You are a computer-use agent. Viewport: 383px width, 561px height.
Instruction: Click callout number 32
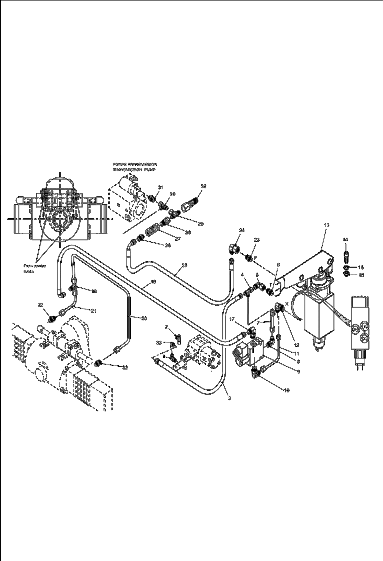click(203, 186)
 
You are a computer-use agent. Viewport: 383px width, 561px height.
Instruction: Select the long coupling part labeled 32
click(189, 204)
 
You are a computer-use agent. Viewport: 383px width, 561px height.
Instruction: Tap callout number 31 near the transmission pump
click(160, 187)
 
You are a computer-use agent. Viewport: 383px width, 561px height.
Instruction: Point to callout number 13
click(326, 225)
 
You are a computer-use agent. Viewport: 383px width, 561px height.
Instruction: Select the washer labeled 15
click(346, 267)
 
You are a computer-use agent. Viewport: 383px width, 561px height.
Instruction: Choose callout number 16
click(361, 275)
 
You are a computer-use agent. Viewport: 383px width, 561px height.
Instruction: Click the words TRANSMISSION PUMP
click(134, 171)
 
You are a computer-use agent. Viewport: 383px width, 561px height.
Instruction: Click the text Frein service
click(35, 266)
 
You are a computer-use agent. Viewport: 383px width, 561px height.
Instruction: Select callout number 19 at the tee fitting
click(94, 291)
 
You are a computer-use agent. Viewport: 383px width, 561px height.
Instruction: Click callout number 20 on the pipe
click(144, 319)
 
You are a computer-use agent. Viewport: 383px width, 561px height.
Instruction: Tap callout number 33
click(159, 343)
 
